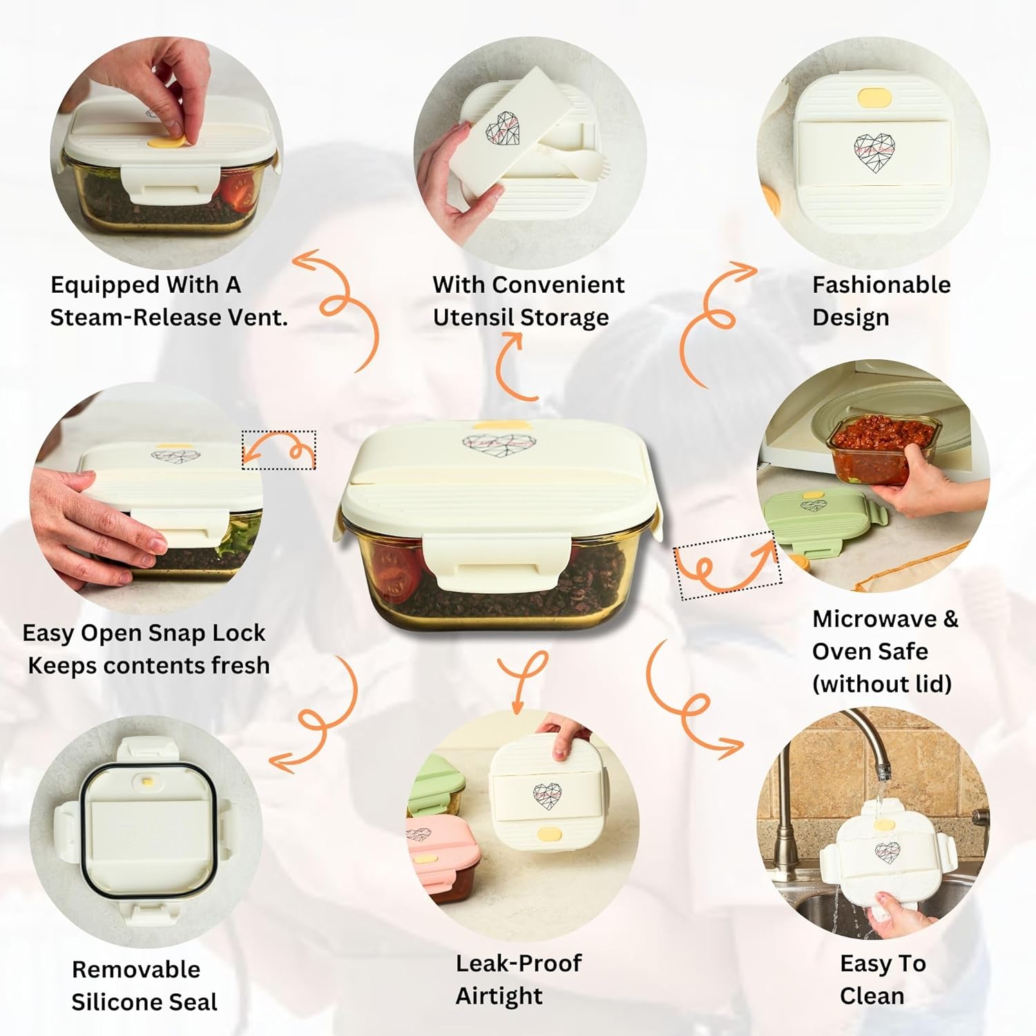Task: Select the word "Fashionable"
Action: tap(881, 285)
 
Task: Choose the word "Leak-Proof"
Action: tap(519, 963)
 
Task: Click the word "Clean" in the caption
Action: tap(872, 996)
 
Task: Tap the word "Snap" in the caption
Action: tap(171, 633)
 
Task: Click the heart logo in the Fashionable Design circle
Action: tap(874, 151)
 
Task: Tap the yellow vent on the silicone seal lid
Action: tap(147, 783)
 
